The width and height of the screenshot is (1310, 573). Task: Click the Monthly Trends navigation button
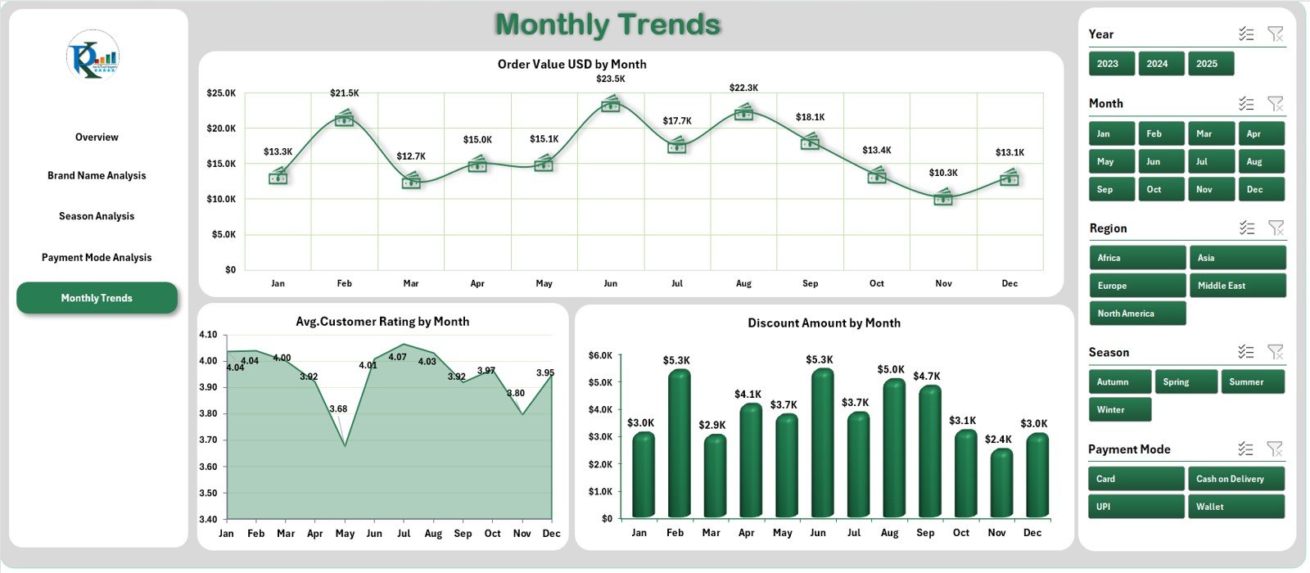[97, 298]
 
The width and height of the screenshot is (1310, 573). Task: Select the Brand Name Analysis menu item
[97, 175]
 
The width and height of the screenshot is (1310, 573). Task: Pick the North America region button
[1136, 314]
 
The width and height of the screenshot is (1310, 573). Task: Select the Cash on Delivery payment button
[1235, 479]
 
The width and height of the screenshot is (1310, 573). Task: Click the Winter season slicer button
[1119, 409]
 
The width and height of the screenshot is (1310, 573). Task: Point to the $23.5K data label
[610, 79]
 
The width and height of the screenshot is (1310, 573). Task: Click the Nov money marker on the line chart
[943, 196]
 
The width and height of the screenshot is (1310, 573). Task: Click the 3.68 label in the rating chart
[338, 408]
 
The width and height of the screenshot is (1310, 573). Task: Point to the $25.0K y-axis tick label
[221, 93]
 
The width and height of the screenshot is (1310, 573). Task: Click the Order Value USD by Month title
[571, 64]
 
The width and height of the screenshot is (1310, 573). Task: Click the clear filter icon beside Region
[1275, 228]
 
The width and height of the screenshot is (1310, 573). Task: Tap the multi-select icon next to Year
[1245, 34]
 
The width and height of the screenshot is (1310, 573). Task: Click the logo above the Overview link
[93, 56]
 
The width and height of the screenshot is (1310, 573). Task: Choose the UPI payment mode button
[1136, 507]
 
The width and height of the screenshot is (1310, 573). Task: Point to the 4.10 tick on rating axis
[208, 335]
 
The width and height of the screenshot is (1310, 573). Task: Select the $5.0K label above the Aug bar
[890, 370]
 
